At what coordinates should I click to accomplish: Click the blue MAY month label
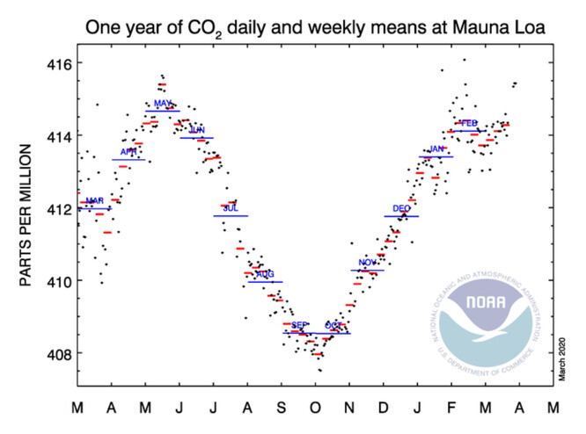click(162, 104)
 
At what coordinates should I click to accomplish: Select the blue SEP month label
click(299, 326)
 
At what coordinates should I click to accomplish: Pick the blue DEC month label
click(401, 209)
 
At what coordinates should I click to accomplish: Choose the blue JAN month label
click(436, 149)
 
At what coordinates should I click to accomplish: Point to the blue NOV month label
click(368, 263)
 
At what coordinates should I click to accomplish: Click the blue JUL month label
click(231, 208)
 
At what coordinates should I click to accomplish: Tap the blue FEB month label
click(469, 123)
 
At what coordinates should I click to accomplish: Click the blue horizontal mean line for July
click(231, 215)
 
